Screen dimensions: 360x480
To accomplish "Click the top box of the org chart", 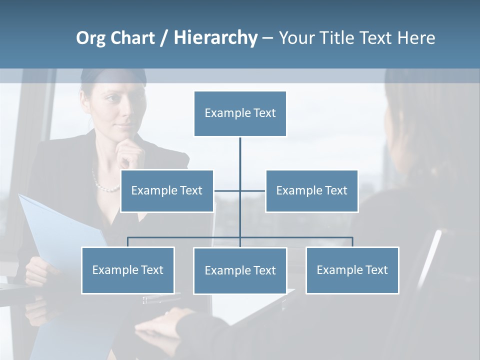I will pos(240,113).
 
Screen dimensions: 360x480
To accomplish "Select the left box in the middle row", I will pos(167,190).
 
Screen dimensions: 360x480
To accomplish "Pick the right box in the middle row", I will pos(311,190).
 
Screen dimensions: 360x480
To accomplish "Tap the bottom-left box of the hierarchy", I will pos(128,270).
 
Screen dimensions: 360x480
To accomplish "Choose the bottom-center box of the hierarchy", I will pos(240,270).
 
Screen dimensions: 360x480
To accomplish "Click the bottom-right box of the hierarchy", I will pos(352,270).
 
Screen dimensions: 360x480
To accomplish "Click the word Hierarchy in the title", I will pos(215,37).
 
